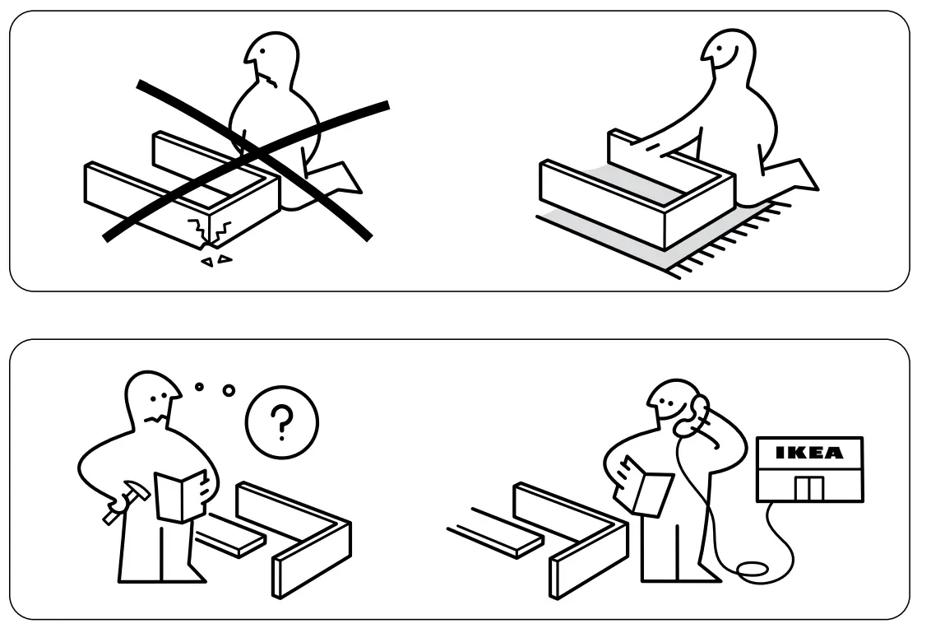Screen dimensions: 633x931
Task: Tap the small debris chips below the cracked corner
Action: tap(216, 260)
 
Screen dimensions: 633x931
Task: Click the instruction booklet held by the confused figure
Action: tap(180, 494)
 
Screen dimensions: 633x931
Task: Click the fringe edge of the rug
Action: tap(724, 243)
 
